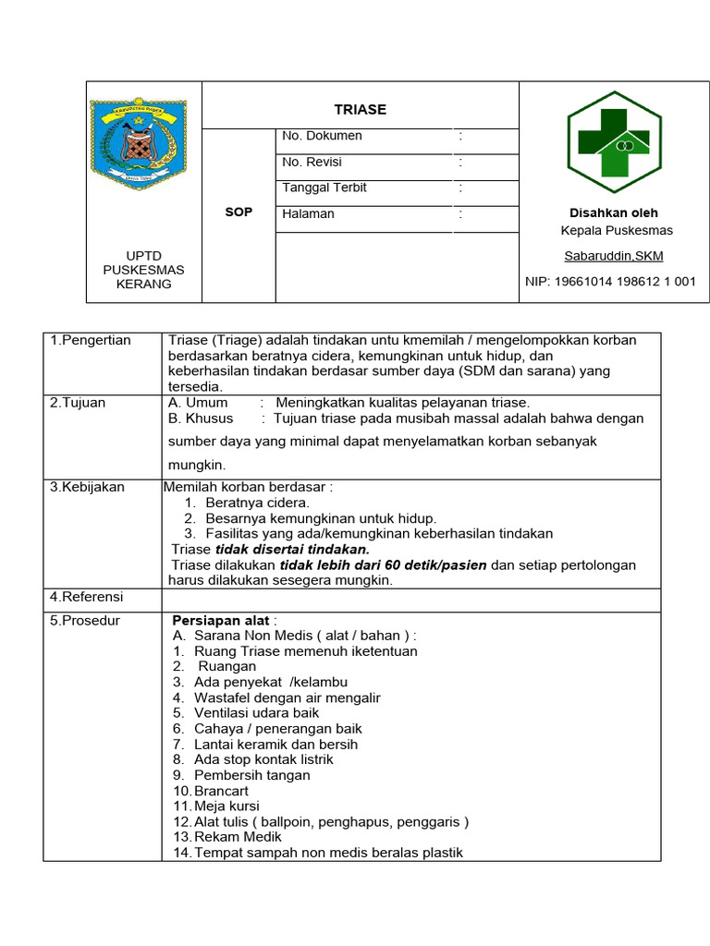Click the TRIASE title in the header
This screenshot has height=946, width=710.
(x=361, y=109)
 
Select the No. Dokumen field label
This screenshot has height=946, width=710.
(x=322, y=136)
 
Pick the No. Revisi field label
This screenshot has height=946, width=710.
(x=312, y=162)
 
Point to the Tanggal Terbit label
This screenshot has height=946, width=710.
(x=324, y=188)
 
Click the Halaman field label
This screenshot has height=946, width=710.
(x=309, y=213)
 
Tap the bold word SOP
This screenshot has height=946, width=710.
(x=239, y=212)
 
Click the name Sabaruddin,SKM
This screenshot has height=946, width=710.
(x=614, y=256)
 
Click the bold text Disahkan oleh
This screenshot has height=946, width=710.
(x=614, y=212)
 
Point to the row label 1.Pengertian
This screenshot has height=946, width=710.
(x=91, y=340)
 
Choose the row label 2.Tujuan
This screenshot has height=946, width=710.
(x=80, y=403)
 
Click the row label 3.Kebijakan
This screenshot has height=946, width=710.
(x=87, y=487)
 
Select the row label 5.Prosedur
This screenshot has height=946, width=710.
(x=85, y=620)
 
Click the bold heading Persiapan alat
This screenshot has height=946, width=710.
(x=222, y=620)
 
